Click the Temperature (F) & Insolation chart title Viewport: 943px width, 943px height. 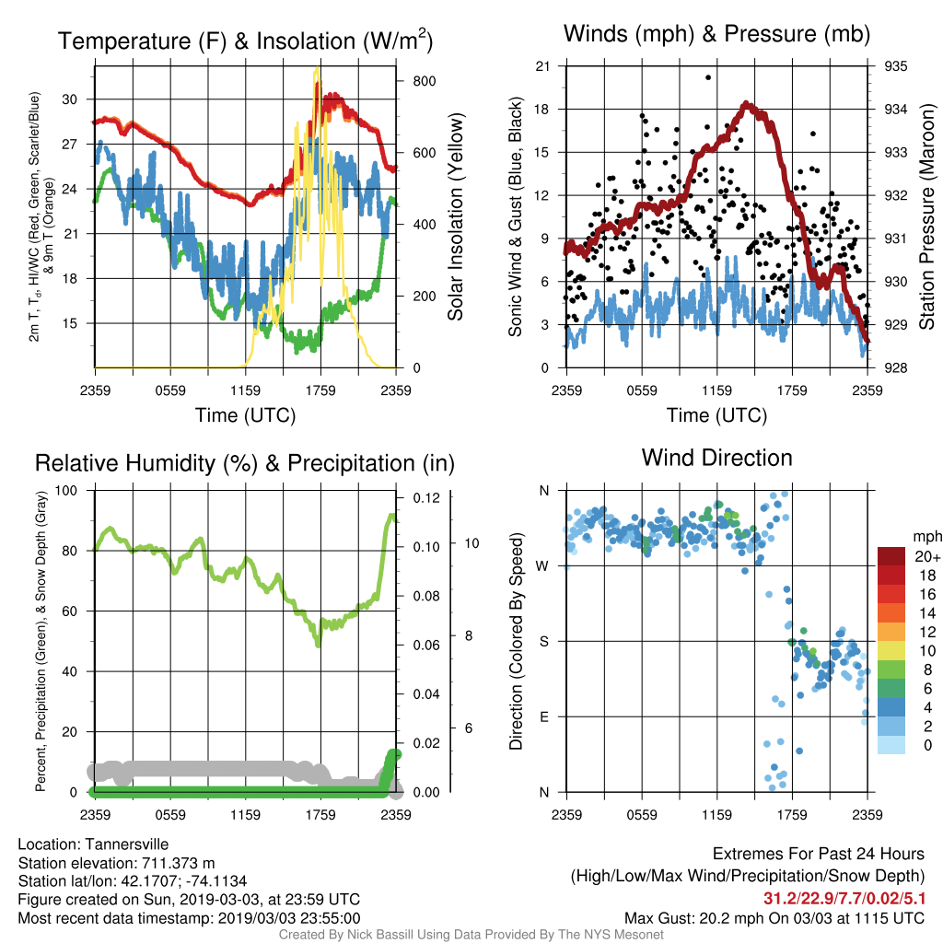(x=245, y=41)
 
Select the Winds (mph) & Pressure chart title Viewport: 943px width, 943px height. (x=716, y=34)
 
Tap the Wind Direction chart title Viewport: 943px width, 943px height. (x=716, y=458)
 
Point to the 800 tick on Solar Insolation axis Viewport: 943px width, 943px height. (x=424, y=81)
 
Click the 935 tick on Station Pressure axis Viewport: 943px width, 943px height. (x=895, y=66)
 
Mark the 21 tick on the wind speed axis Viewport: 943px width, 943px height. (x=542, y=66)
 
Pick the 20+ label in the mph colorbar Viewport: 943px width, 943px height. (x=926, y=556)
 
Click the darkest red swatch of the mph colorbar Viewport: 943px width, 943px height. (x=891, y=556)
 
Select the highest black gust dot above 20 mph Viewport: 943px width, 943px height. (x=708, y=77)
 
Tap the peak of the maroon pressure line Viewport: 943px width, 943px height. (x=746, y=104)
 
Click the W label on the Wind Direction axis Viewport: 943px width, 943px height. (x=542, y=566)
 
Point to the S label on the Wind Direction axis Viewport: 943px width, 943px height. (x=543, y=641)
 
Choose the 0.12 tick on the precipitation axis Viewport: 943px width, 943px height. (x=426, y=498)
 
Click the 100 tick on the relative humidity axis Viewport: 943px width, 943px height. (x=66, y=490)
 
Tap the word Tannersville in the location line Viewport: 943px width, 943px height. (x=127, y=844)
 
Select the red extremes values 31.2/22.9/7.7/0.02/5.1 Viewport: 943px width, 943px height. (x=844, y=899)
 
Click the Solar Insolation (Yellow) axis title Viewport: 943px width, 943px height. (x=456, y=216)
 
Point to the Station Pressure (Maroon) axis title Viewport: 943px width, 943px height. (x=926, y=216)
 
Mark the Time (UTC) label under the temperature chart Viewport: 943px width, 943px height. (x=245, y=415)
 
